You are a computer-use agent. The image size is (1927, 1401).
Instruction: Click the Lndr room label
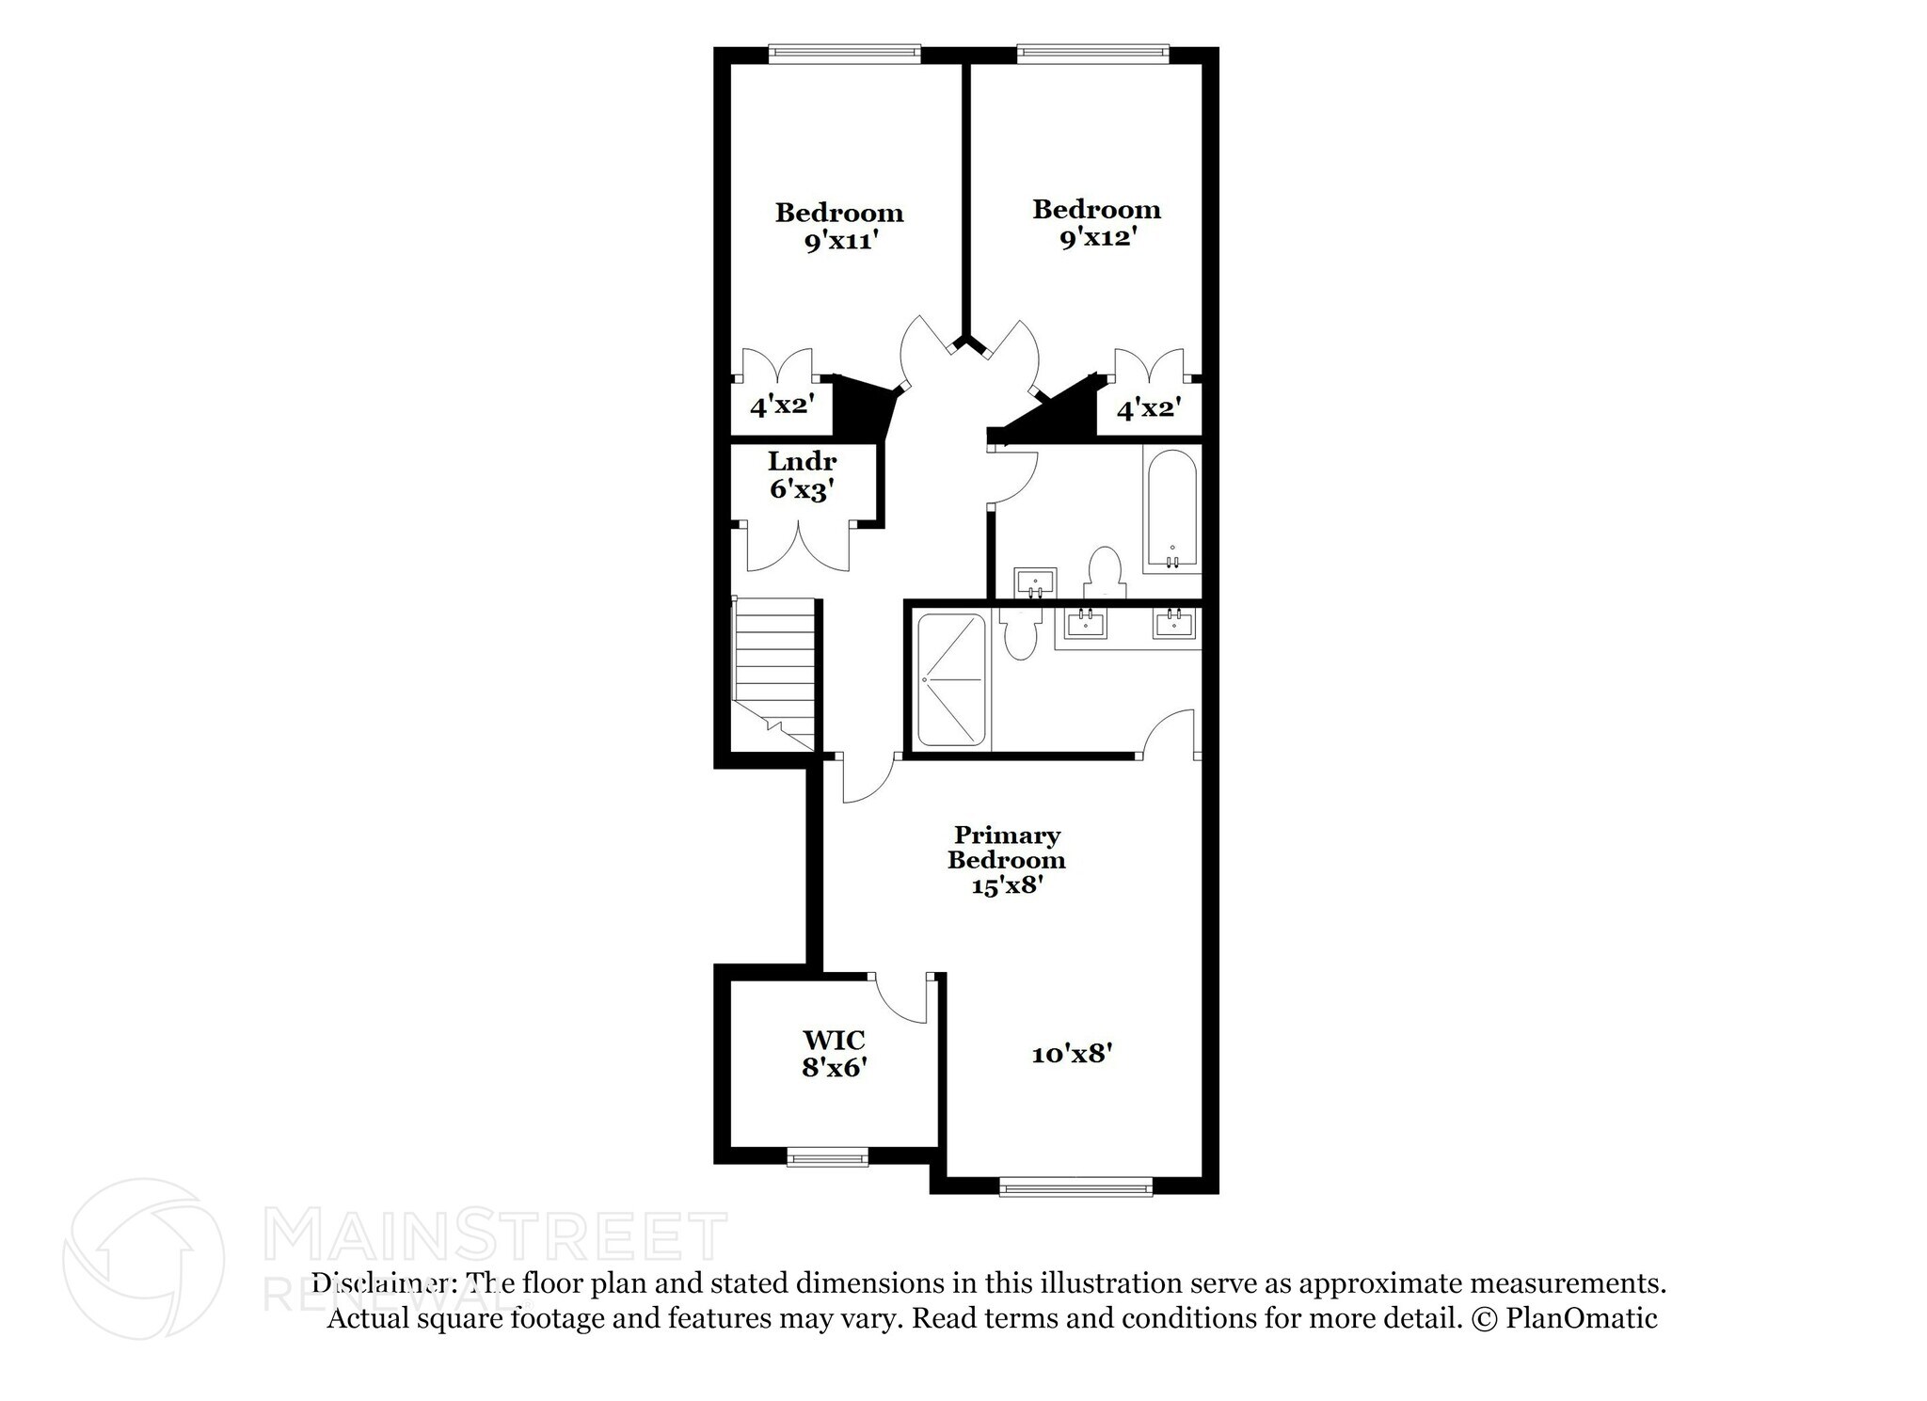pos(802,462)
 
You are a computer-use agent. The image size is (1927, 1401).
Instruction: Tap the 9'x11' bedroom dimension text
pos(840,241)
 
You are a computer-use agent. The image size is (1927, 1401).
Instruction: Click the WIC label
pos(833,1040)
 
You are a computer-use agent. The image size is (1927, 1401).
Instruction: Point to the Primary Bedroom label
pos(1007,847)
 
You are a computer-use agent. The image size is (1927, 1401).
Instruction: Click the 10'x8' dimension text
pos(1072,1054)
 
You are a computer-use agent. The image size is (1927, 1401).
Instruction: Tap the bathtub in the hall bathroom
pos(1171,509)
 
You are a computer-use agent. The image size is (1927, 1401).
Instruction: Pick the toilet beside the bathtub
pos(1105,573)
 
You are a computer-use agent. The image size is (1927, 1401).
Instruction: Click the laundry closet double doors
pos(799,549)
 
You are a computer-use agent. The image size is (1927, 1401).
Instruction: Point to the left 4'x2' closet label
pos(781,406)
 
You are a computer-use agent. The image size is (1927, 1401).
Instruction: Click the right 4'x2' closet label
pos(1148,408)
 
